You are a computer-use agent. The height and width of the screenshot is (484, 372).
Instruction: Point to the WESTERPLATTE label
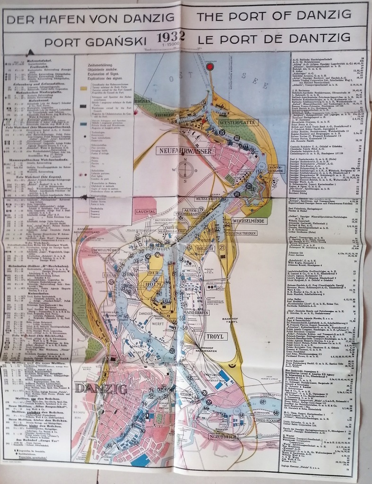tap(238, 123)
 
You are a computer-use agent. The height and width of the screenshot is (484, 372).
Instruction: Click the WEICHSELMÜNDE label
tap(250, 221)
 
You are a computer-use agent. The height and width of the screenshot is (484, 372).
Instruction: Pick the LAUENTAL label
tap(145, 212)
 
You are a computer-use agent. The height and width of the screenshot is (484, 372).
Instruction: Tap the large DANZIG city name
tap(101, 389)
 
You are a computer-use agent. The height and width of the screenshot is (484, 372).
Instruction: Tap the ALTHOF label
tap(186, 393)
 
